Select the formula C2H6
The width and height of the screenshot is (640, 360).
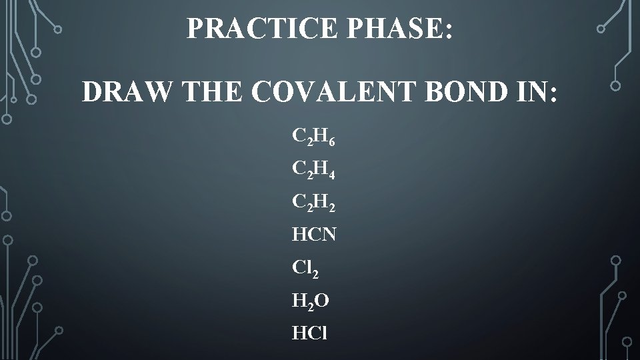pos(314,137)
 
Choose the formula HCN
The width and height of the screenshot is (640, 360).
pos(313,234)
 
